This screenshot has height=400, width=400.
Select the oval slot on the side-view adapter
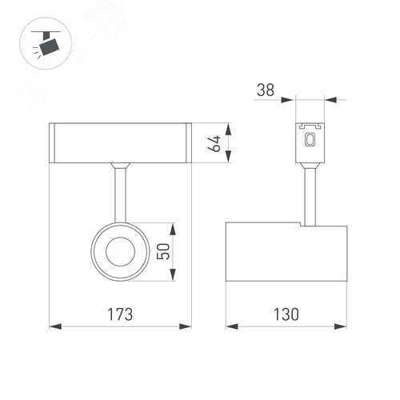click(311, 140)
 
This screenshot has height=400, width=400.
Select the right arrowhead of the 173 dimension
click(189, 326)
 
